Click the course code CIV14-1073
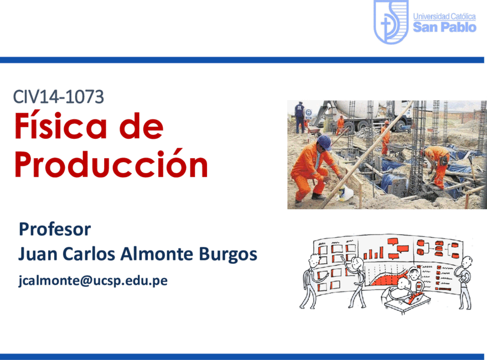[59, 97]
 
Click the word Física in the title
[61, 126]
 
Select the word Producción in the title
[111, 163]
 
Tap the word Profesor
[55, 229]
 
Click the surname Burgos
[227, 254]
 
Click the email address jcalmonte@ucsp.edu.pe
[93, 280]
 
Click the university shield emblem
[391, 21]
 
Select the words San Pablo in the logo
[444, 27]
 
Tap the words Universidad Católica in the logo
[444, 17]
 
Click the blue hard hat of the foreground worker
[324, 142]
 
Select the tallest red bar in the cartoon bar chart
[381, 252]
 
